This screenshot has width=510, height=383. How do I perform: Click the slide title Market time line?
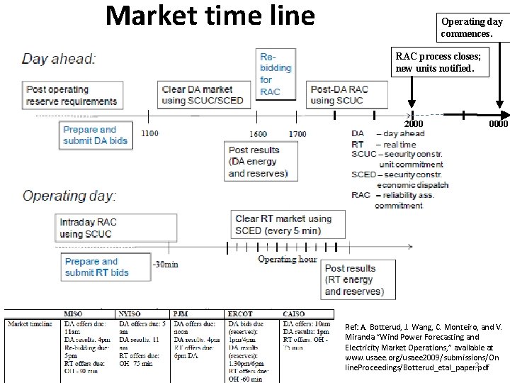[210, 16]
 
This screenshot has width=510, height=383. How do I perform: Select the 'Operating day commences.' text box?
[472, 27]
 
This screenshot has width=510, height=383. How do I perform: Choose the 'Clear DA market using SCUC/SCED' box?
[202, 95]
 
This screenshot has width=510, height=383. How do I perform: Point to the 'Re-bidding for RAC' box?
[276, 74]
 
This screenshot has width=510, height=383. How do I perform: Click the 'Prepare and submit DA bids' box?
[96, 135]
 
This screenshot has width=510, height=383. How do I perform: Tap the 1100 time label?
[149, 133]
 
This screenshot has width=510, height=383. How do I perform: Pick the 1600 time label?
[258, 133]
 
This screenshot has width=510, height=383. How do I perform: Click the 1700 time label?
[297, 133]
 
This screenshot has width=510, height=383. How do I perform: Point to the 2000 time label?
[413, 124]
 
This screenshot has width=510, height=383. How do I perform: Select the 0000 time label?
[498, 124]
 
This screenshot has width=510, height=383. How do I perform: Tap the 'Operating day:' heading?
[69, 195]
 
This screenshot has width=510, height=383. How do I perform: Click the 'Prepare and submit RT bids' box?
[97, 267]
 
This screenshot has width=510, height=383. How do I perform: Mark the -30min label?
[165, 265]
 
